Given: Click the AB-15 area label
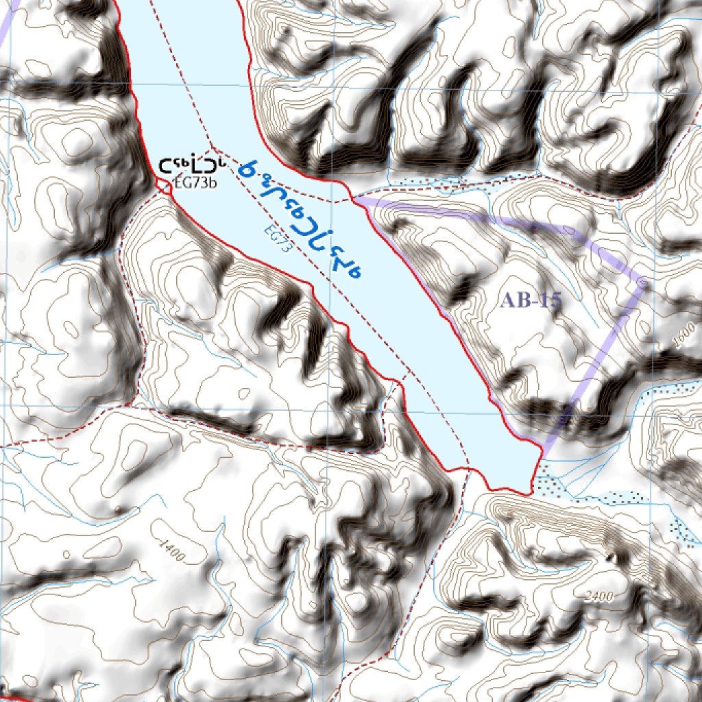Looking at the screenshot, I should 531,300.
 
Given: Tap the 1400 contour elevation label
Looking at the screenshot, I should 171,551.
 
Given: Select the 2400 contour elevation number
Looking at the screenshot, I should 599,596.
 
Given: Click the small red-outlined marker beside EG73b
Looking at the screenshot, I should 165,185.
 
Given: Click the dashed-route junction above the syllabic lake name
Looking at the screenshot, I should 217,149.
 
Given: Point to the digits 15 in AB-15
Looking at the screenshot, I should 549,300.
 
